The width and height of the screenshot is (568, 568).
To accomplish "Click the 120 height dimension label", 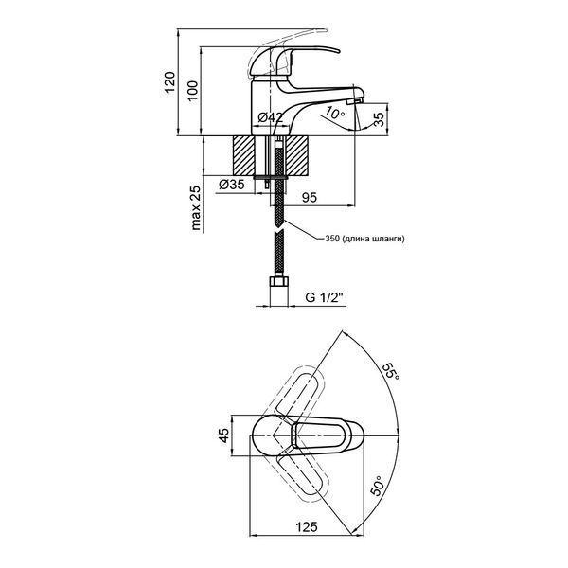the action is click(x=169, y=82).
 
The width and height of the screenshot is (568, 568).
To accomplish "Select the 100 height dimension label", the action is click(x=193, y=90).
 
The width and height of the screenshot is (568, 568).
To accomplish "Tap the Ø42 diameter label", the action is click(x=270, y=117).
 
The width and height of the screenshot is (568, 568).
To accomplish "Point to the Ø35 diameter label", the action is click(x=232, y=185).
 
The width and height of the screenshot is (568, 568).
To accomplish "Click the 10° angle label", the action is click(x=335, y=113).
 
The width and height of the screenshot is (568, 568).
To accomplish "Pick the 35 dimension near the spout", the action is click(x=379, y=119).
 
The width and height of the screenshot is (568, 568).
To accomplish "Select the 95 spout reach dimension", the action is click(x=310, y=198).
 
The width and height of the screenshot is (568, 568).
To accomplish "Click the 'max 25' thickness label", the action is click(x=196, y=208).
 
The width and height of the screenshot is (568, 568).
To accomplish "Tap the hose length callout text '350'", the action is click(x=332, y=239).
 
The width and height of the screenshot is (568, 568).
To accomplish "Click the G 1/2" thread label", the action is click(x=324, y=298).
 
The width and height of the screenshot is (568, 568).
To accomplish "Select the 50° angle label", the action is click(x=377, y=486).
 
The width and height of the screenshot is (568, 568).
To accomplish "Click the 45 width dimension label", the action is click(x=224, y=435).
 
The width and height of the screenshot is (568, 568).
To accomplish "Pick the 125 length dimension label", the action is click(x=307, y=527).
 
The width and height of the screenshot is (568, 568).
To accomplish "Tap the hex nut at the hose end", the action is click(x=278, y=281).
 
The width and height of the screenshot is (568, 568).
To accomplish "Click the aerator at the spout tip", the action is click(x=355, y=100).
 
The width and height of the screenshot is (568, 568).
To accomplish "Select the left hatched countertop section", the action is click(x=244, y=156).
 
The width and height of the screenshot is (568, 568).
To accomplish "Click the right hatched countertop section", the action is click(x=298, y=156).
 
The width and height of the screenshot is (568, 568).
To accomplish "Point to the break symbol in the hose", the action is click(x=278, y=230).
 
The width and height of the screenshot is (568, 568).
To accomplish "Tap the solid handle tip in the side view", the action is click(x=326, y=48).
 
